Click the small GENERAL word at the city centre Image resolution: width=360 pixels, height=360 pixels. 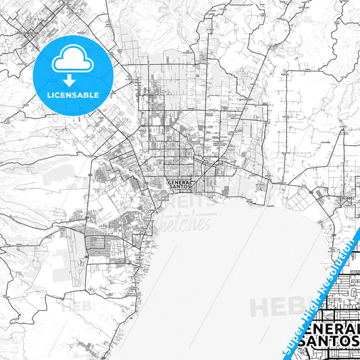point(180,182)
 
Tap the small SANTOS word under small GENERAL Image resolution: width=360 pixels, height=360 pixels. point(180,187)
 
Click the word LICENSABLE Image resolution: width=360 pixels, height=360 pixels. point(72,95)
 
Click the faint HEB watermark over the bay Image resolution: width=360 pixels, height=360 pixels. point(274,307)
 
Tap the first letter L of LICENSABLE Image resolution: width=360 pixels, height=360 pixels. point(47,95)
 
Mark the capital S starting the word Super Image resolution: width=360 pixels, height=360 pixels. point(287,352)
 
